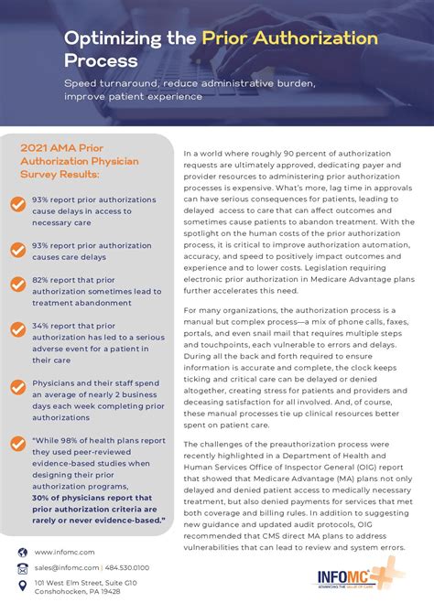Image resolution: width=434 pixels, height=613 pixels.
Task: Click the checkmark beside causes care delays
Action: click(18, 249)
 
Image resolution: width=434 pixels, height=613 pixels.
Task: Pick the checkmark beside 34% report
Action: click(18, 330)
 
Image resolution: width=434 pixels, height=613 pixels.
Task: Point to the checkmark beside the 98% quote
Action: click(18, 443)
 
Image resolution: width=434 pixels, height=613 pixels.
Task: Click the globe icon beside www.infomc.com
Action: click(22, 552)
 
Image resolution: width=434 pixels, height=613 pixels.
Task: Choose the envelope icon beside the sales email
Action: click(22, 568)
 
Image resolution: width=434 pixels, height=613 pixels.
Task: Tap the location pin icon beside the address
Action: click(22, 586)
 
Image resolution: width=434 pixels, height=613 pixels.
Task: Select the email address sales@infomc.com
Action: click(66, 568)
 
